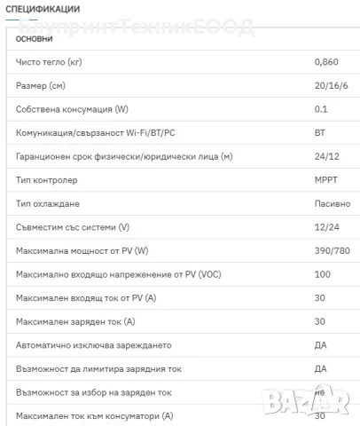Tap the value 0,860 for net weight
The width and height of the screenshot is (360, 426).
[x=326, y=63]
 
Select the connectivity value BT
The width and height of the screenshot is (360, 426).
[x=320, y=133]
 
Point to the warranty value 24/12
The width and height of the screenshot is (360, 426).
[x=325, y=157]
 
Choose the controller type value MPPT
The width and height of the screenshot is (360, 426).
[x=326, y=180]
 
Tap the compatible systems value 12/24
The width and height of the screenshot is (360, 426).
[x=325, y=227]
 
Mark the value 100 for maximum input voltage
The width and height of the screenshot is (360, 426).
[x=322, y=274]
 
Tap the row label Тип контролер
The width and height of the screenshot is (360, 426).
[x=49, y=180]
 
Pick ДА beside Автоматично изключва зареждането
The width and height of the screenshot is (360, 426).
[x=321, y=344]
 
